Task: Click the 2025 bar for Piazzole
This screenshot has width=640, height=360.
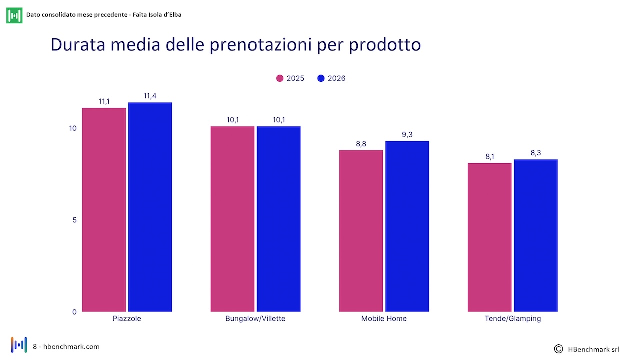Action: pyautogui.click(x=104, y=210)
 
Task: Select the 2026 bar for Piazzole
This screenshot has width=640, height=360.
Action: pyautogui.click(x=150, y=207)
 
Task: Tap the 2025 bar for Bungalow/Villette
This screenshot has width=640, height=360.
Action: pyautogui.click(x=233, y=219)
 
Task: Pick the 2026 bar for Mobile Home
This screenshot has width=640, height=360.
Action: pyautogui.click(x=407, y=226)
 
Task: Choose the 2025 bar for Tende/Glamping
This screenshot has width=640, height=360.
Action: pyautogui.click(x=489, y=237)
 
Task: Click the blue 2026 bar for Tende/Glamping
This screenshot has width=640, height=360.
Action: pyautogui.click(x=536, y=235)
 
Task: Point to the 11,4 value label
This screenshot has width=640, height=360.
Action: pyautogui.click(x=150, y=96)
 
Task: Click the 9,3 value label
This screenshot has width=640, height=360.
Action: pyautogui.click(x=407, y=135)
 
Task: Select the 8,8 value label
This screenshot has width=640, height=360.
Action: pyautogui.click(x=361, y=144)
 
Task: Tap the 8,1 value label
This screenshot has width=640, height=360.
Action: pyautogui.click(x=490, y=157)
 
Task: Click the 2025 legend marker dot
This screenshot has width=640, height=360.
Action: pyautogui.click(x=280, y=78)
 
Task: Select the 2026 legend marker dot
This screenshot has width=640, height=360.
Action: pyautogui.click(x=321, y=78)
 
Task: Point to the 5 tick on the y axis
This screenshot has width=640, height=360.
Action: pyautogui.click(x=75, y=220)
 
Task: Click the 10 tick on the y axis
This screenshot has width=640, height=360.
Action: pyautogui.click(x=73, y=128)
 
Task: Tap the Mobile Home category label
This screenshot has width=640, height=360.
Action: pyautogui.click(x=384, y=319)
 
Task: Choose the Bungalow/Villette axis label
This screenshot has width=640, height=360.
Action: pyautogui.click(x=255, y=319)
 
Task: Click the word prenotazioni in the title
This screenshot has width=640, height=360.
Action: pyautogui.click(x=261, y=45)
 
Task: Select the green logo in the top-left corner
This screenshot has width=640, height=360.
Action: pyautogui.click(x=14, y=15)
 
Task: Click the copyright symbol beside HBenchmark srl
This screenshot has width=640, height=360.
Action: pyautogui.click(x=559, y=349)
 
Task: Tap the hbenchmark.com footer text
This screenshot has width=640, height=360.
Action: pyautogui.click(x=71, y=347)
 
